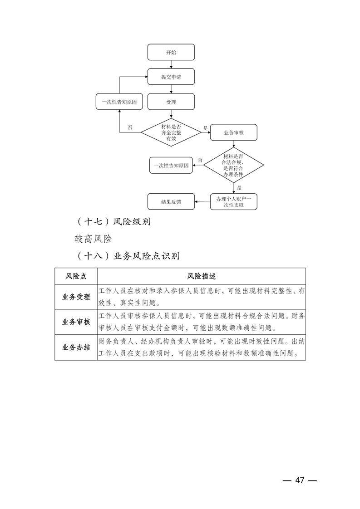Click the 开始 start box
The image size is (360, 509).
171,52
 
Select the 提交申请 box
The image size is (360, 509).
171,77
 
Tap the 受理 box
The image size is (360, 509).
171,102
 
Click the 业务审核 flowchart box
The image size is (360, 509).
233,133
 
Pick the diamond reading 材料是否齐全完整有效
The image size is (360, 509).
171,133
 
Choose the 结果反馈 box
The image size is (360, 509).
171,201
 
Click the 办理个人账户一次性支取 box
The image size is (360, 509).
233,202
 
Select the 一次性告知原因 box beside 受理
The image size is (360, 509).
119,102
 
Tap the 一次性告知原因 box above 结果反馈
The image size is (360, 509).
171,166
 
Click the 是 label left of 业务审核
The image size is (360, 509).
205,128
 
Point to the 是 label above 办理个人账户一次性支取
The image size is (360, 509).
239,187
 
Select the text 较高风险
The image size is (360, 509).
94,239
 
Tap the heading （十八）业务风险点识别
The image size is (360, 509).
127,256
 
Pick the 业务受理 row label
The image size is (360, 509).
76,297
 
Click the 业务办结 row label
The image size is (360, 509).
76,347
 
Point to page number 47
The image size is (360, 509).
299,480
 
